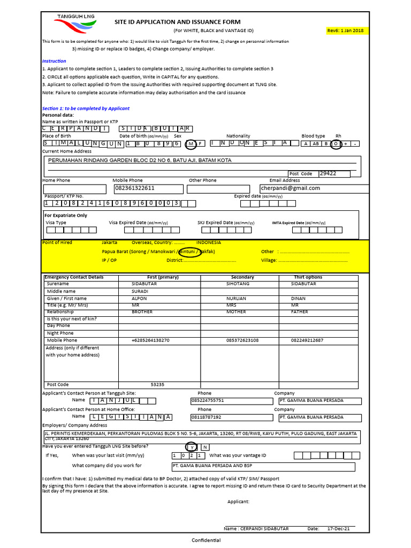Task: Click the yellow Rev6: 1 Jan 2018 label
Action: point(345,31)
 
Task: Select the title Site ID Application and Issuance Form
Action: point(178,22)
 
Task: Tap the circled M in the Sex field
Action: point(191,144)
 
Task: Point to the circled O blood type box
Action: point(336,144)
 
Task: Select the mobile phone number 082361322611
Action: point(135,188)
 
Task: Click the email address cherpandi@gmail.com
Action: point(291,188)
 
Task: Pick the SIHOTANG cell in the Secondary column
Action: point(238,284)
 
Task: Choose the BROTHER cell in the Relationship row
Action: point(142,312)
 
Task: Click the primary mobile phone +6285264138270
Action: point(150,340)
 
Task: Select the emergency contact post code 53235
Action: point(157,385)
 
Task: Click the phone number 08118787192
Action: point(206,417)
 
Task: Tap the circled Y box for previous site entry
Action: point(192,447)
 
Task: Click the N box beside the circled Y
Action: point(205,447)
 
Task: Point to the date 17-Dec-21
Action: point(338,529)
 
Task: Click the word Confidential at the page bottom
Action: point(206,541)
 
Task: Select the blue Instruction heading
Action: point(54,62)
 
